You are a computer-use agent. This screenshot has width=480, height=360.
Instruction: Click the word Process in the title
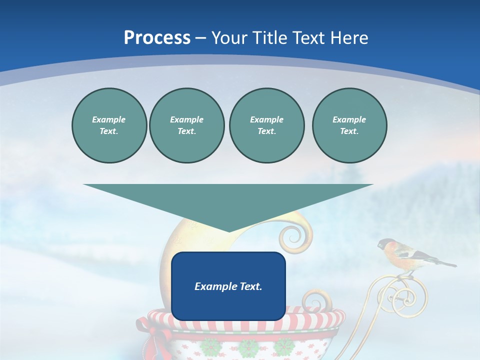coord(157,38)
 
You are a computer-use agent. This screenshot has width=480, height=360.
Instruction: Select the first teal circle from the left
coord(109,125)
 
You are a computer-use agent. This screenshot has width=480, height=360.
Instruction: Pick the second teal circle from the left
coord(186,125)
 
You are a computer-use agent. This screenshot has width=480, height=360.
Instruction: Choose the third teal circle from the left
coord(266,125)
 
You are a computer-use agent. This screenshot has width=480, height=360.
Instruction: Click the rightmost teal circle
coord(349,125)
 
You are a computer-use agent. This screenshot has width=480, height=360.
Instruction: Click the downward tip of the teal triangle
coord(228,230)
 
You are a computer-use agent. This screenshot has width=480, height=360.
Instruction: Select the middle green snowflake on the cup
coord(248,346)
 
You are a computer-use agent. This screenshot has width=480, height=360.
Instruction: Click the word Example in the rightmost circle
coord(349,119)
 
